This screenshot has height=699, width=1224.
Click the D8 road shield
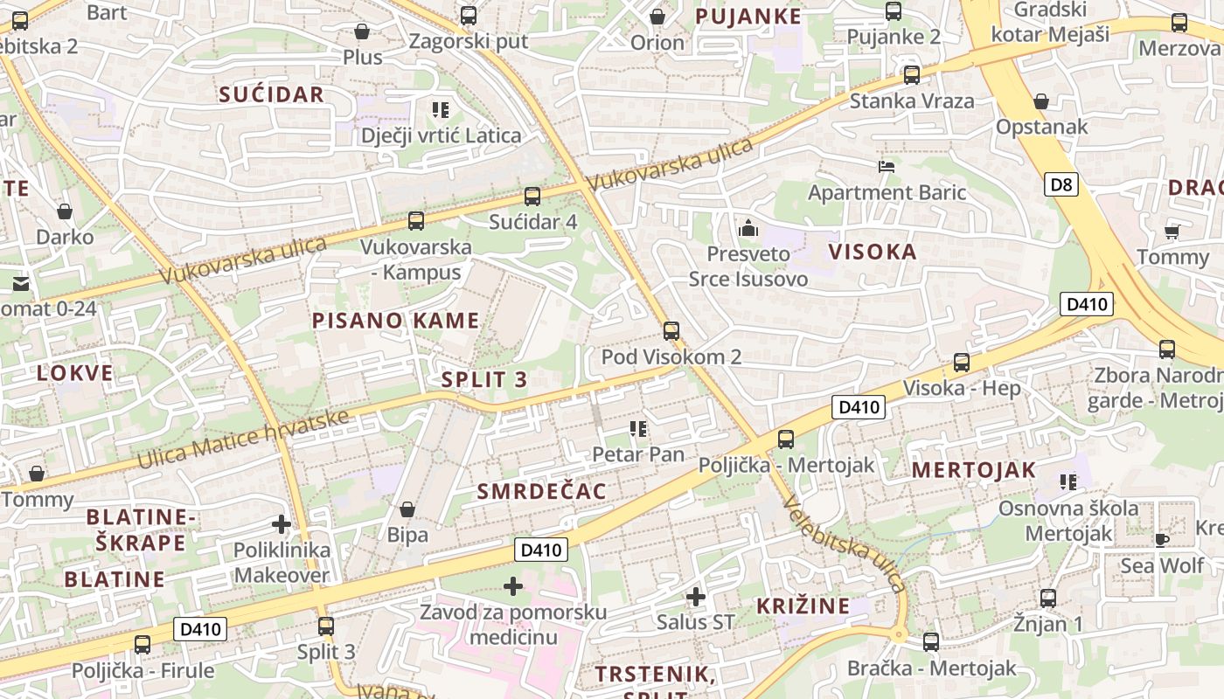(x=1061, y=184)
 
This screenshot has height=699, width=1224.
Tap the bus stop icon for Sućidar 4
(x=532, y=197)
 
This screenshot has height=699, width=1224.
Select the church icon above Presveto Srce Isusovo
(x=748, y=229)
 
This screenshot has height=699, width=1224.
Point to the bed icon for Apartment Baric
(x=887, y=166)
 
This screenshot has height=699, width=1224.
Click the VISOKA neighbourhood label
(x=873, y=253)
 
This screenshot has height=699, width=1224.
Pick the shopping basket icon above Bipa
(x=407, y=509)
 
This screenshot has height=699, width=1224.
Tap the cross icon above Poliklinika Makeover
(x=282, y=524)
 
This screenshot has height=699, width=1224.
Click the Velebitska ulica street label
(x=845, y=545)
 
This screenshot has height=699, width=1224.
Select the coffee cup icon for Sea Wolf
(x=1162, y=540)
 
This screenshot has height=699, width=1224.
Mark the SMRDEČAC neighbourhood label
(x=541, y=492)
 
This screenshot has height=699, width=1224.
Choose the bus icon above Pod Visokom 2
(x=671, y=331)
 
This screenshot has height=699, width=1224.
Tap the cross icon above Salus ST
(x=695, y=597)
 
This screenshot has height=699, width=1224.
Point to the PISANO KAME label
(x=396, y=321)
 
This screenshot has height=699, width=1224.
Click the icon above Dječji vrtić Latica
(x=441, y=110)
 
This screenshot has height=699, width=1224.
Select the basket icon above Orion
(x=657, y=17)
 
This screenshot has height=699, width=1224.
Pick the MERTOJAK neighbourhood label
(x=973, y=470)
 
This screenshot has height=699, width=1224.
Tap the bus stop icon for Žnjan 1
(x=1047, y=599)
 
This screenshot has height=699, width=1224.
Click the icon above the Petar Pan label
(x=638, y=429)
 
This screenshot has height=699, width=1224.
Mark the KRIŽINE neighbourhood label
(x=803, y=606)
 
